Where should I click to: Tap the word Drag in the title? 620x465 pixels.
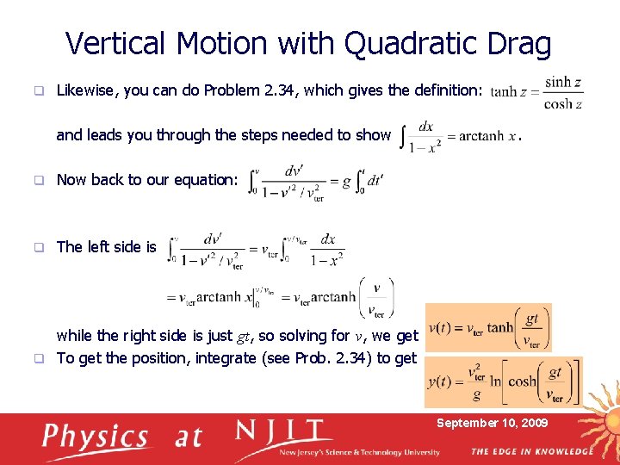click(518, 43)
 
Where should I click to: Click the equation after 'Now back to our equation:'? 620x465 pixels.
click(315, 182)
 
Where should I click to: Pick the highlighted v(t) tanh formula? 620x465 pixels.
click(488, 328)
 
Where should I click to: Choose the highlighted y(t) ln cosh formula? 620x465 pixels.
click(503, 381)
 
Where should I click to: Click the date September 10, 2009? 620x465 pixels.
click(492, 423)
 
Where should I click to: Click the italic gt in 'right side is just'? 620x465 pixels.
click(245, 336)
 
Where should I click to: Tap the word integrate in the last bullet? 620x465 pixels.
click(226, 358)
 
